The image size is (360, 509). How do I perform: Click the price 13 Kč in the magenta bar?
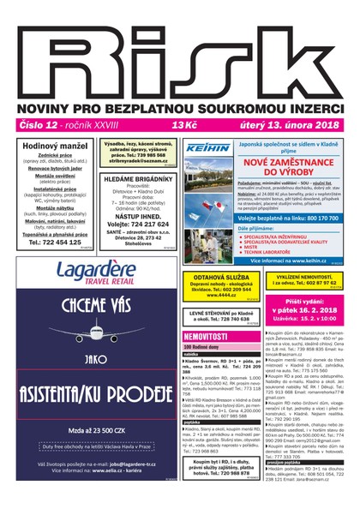coord(184,124)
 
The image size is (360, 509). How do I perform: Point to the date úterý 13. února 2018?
coord(291,124)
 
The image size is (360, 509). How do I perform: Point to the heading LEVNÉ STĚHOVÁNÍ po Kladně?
coord(215,314)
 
